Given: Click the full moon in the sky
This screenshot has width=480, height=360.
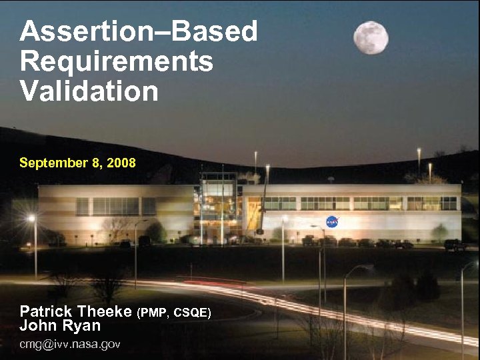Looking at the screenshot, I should pos(371,37).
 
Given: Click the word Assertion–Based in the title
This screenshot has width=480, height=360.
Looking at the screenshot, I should pos(139,31).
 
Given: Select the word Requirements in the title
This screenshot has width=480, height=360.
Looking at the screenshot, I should pos(117,61).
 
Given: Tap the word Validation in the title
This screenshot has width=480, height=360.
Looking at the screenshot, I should pos(89,91).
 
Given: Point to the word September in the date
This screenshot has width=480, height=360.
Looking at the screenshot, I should pos(50,163).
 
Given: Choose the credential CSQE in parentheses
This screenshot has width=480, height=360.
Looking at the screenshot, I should pos(191,313).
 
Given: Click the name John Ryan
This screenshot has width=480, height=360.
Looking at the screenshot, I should pos(60,326).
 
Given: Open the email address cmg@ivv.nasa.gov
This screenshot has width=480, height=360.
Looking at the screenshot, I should pos(70,344).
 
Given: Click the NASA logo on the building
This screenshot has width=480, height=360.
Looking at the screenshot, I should pos(332,222).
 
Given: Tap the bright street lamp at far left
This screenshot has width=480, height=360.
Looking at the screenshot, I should pos(31,219).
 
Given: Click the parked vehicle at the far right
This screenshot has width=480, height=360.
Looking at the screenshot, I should pos(455,245).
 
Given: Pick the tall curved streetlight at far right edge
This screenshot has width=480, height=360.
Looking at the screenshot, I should pos(463,300).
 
